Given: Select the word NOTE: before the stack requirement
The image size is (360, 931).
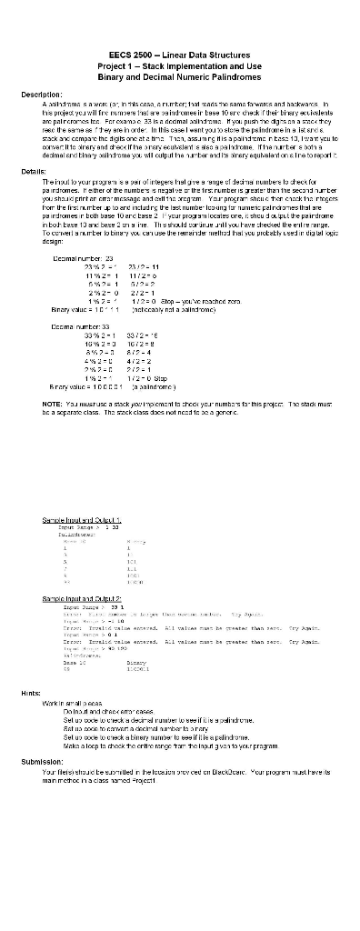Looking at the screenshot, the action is click(53, 378).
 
